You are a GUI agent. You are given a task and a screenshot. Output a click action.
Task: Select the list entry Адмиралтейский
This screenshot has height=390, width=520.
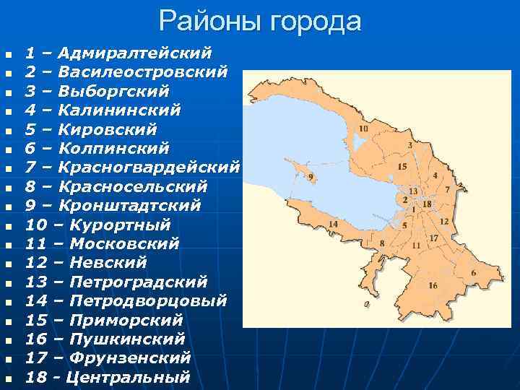click(134, 53)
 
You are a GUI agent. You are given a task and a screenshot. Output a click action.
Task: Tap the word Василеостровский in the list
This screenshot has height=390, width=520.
click(142, 72)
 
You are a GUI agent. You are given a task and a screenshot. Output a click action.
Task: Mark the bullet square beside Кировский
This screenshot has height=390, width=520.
click(9, 131)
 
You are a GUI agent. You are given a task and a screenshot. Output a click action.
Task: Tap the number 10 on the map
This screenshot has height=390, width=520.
click(363, 129)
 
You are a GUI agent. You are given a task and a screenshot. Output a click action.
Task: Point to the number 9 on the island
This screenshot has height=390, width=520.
click(311, 176)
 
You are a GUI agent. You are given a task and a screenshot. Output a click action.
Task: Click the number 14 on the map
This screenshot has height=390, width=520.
click(333, 224)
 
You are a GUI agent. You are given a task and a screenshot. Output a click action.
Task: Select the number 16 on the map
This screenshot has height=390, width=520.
click(433, 285)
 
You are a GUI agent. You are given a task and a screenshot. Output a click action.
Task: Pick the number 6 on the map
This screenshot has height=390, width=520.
click(474, 273)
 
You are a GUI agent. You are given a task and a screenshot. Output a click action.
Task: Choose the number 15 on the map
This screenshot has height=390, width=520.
click(402, 167)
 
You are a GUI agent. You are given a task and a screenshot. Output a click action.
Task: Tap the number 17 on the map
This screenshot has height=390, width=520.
click(433, 238)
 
